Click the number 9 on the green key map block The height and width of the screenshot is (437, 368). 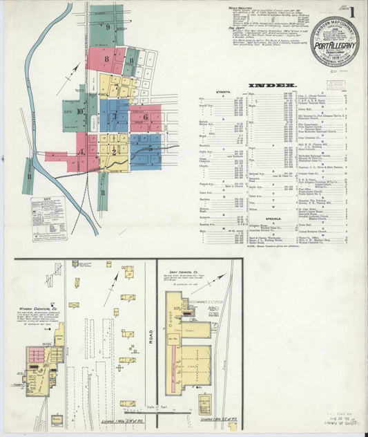[x=108, y=27]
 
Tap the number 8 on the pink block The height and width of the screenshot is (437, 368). [x=106, y=59]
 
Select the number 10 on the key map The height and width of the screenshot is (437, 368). [x=80, y=111]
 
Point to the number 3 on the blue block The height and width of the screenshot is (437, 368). [x=115, y=115]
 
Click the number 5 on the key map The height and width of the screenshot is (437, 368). [x=150, y=148]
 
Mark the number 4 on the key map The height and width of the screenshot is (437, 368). [x=81, y=152]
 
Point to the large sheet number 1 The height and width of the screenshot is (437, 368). [x=352, y=12]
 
